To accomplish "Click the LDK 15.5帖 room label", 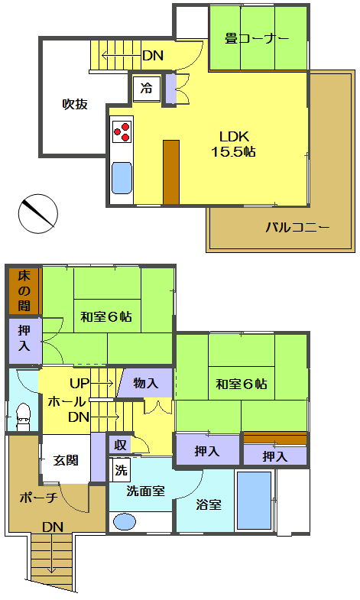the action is (233, 144).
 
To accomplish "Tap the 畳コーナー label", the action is (256, 39).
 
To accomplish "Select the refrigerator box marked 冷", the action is (147, 89).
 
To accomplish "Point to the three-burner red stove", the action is (122, 132).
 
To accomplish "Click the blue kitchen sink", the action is (122, 178).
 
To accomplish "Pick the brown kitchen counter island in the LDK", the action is (171, 172).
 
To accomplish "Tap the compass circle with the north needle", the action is (38, 213).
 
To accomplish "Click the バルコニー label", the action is (297, 228).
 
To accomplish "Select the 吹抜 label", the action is (75, 104).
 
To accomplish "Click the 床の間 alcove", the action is (24, 290).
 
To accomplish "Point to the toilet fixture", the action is (23, 417).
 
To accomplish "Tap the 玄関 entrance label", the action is (66, 460).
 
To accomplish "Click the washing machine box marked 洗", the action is (121, 470).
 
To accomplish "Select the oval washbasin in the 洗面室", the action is (125, 521).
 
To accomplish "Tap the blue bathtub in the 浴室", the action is (254, 500).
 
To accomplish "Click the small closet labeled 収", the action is (120, 445).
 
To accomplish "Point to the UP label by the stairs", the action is (79, 383).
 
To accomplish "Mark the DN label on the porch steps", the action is (53, 527).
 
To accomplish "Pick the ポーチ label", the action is (38, 498).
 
